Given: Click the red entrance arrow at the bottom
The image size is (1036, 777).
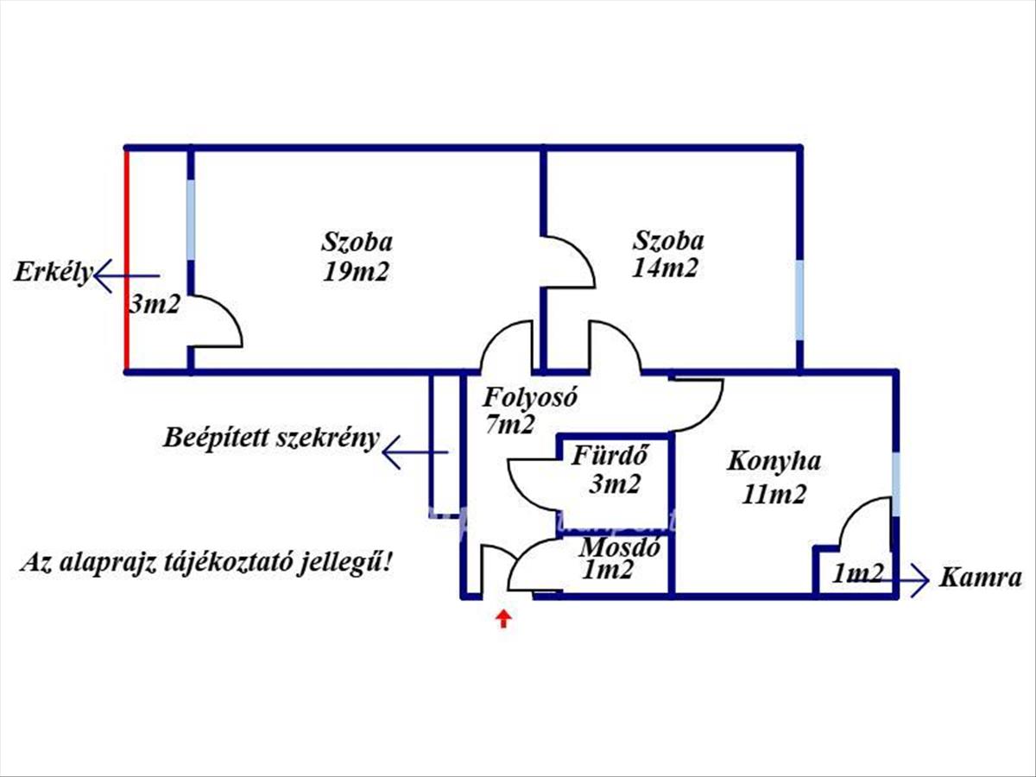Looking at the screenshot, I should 502,618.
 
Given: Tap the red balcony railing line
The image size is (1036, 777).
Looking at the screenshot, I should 127,259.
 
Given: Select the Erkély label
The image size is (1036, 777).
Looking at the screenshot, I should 53,273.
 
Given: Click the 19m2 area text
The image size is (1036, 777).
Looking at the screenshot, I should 357,272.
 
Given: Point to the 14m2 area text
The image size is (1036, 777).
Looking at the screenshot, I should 665,268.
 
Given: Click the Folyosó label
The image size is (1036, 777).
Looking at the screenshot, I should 529,398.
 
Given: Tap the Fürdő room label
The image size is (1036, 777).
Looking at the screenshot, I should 610,455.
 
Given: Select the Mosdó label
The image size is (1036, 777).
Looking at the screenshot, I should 620,546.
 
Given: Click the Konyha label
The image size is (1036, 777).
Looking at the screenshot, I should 773,461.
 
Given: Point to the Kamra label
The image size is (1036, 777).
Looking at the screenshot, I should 979,578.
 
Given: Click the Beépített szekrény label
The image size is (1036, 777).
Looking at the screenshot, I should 271,438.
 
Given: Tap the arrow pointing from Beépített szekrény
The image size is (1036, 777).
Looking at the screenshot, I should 414,452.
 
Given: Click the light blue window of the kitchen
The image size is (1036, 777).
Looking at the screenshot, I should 895,483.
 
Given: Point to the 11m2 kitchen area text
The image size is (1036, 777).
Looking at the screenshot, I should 774,495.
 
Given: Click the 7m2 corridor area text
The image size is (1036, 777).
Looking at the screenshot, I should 509,424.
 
